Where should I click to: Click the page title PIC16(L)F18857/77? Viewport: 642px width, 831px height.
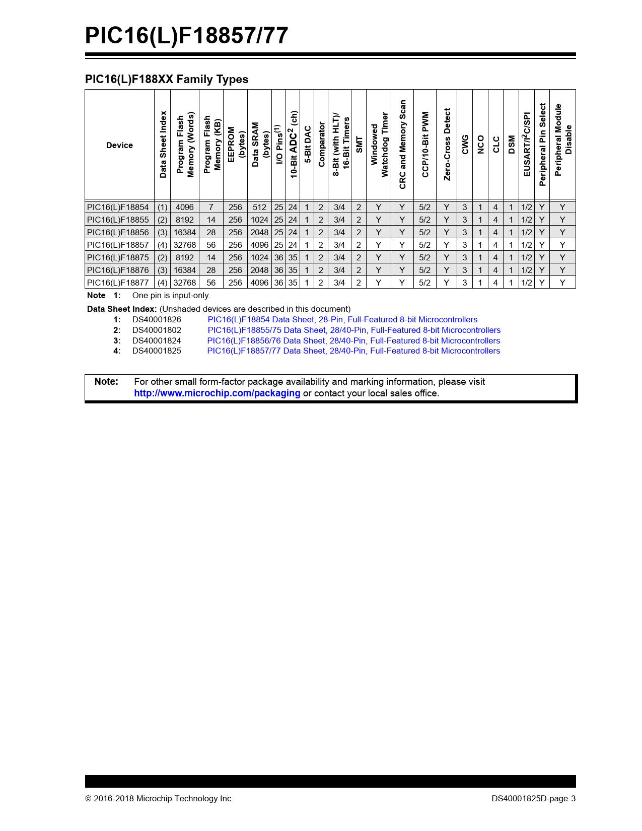186,36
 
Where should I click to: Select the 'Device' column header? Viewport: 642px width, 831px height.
119,146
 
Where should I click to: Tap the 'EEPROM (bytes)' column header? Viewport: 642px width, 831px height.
236,145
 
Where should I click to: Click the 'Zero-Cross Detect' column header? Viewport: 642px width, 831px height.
447,145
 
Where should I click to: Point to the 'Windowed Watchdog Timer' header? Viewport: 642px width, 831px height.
379,145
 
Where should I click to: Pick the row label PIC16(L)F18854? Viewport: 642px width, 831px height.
118,207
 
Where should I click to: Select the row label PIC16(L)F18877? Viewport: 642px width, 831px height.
118,283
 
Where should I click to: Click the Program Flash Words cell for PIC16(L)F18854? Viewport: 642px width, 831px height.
185,207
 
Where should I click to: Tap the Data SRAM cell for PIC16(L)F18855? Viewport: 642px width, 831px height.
259,220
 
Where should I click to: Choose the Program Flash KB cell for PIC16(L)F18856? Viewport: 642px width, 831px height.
211,233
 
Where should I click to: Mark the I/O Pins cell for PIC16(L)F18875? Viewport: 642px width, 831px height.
278,258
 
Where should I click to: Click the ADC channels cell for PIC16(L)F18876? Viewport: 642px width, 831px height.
293,270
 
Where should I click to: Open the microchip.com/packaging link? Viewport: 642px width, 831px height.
217,393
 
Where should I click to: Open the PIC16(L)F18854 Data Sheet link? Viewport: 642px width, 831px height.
342,320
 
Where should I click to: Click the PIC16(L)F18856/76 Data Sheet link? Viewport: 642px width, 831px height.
353,341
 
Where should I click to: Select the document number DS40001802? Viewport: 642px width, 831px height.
157,330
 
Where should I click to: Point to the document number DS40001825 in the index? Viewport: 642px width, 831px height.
157,351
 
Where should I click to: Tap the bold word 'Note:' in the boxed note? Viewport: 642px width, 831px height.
106,382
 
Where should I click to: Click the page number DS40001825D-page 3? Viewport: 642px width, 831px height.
534,799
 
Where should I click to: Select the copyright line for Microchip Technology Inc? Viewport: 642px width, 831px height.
159,799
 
